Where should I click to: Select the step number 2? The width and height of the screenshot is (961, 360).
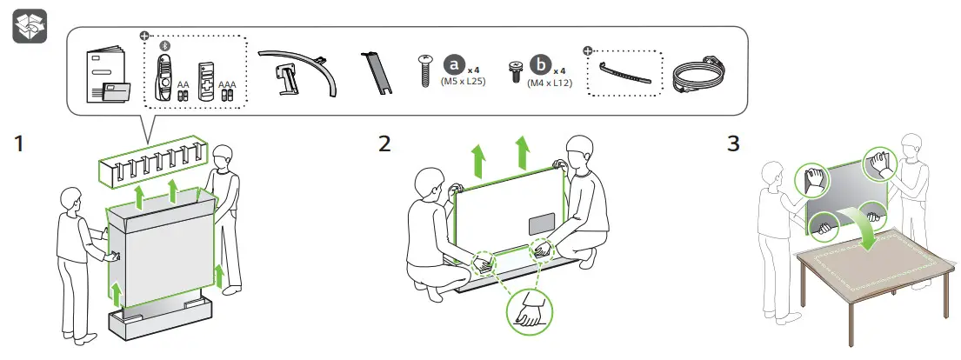click(x=384, y=144)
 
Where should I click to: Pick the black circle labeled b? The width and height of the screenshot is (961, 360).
click(x=542, y=65)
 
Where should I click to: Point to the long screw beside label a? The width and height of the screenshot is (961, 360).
click(x=425, y=69)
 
